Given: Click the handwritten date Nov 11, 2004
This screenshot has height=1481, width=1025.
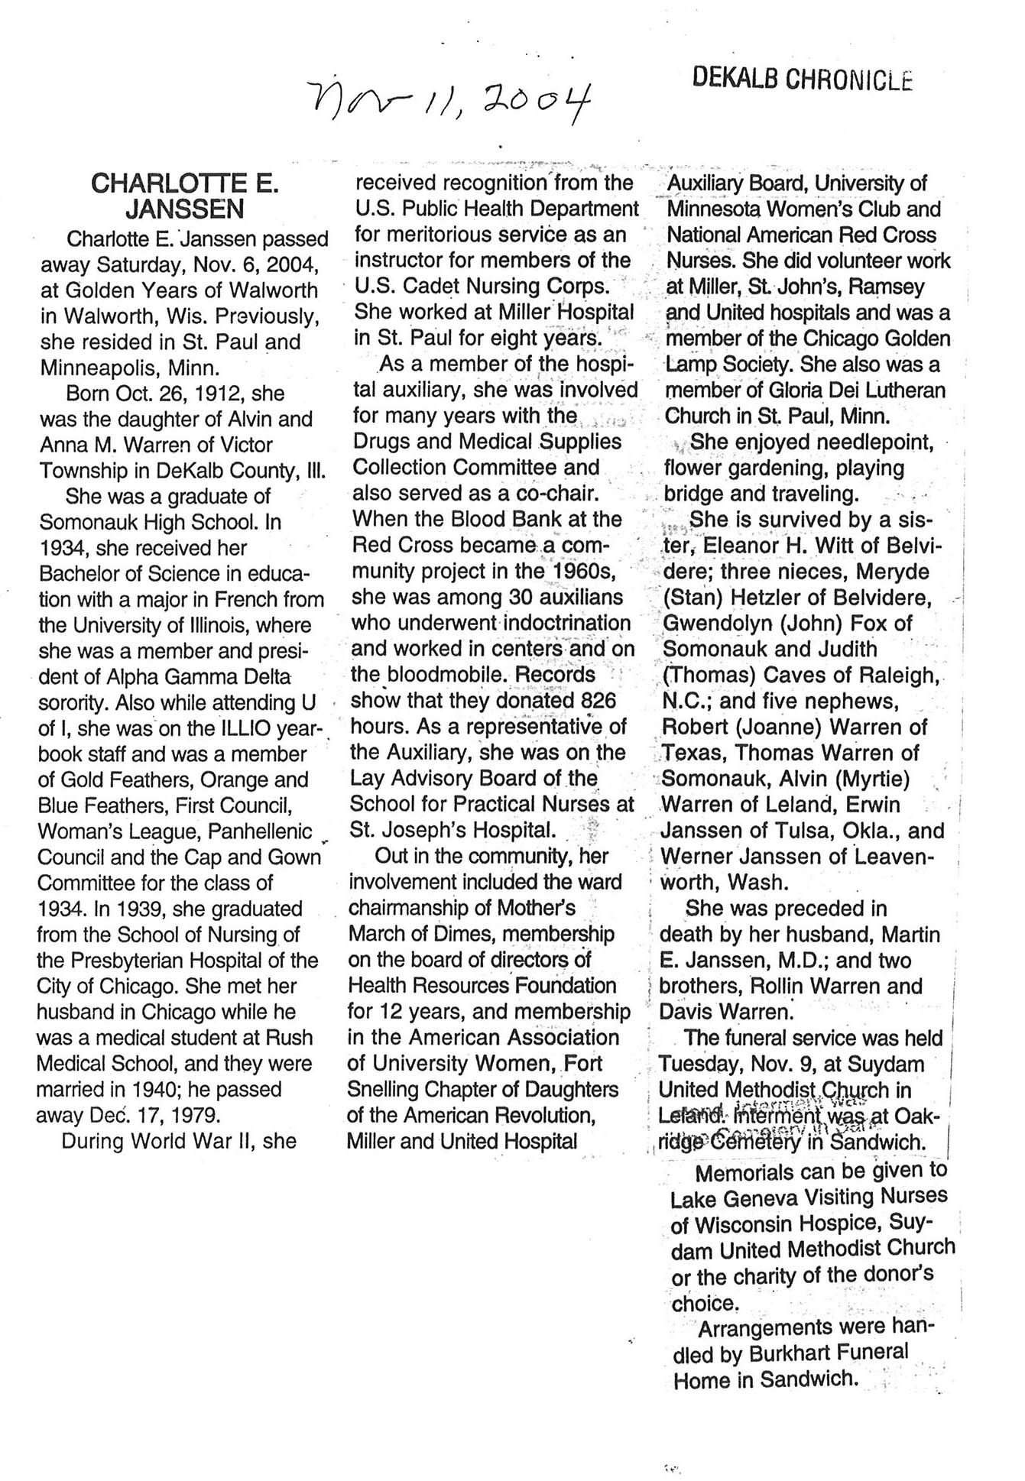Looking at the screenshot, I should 452,102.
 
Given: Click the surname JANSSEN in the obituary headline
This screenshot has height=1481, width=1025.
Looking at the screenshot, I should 185,209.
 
